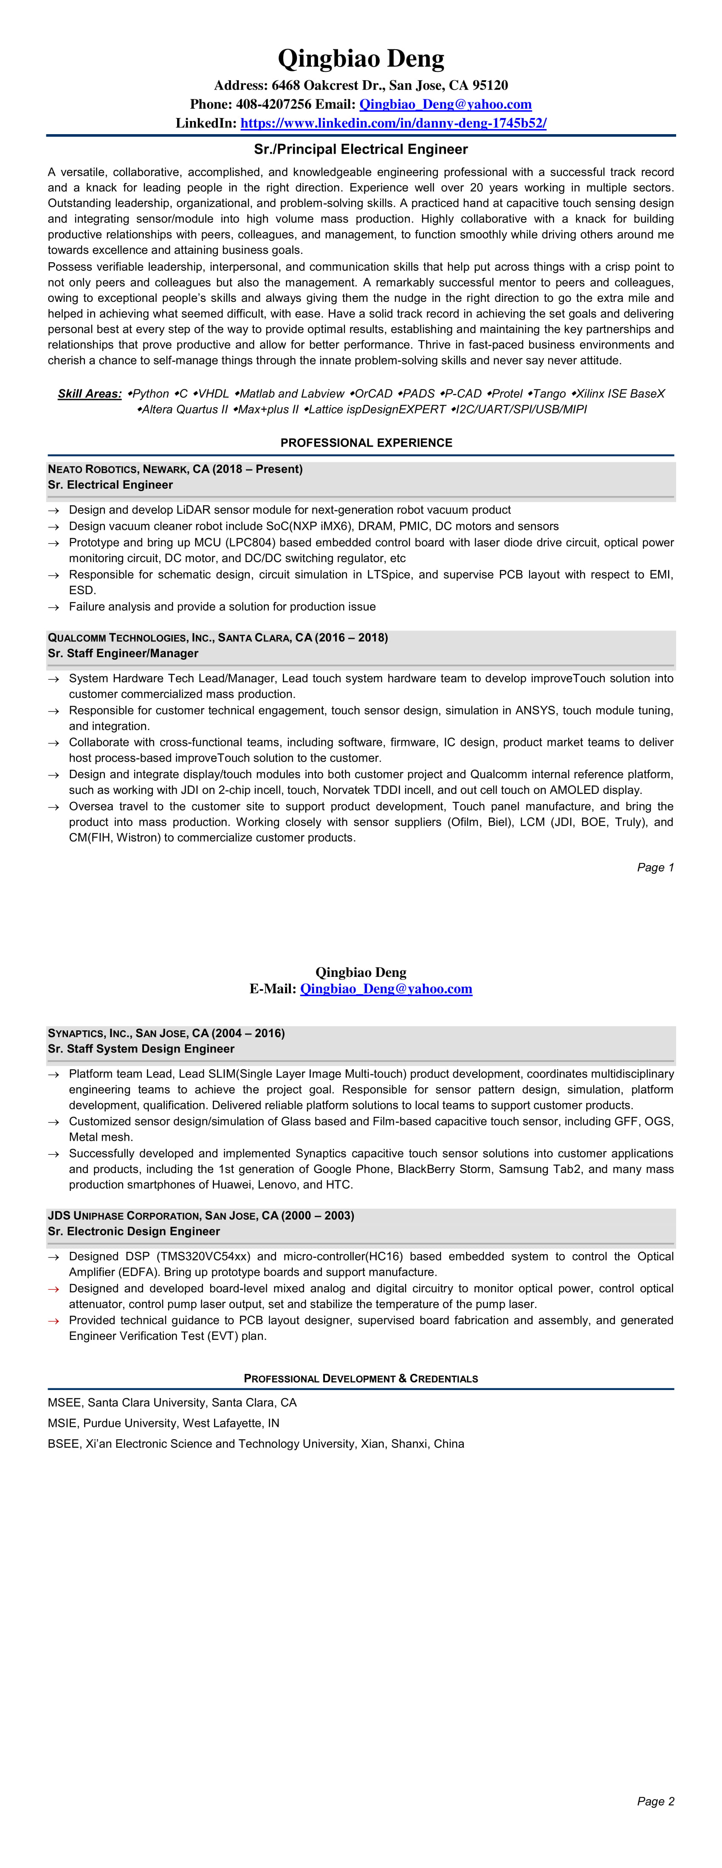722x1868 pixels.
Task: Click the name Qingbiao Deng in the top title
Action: coord(361,59)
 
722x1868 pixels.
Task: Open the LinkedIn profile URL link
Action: coord(393,123)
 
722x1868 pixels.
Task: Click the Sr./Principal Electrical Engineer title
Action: coord(361,149)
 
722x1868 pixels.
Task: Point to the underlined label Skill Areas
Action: coord(90,394)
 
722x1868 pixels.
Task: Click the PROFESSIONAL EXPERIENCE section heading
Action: coord(367,443)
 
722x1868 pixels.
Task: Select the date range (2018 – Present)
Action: coord(258,469)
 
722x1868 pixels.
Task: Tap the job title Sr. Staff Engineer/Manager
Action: coord(123,653)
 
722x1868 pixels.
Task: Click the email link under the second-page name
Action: coord(386,989)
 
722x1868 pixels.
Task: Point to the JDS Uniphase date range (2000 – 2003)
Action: coord(318,1215)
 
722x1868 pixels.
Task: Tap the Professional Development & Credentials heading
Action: coord(361,1378)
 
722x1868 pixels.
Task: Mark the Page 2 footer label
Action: coord(655,1801)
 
